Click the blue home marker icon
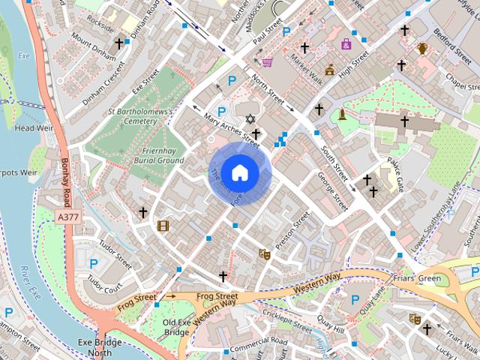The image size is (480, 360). [x=238, y=172]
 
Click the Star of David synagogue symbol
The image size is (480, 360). [x=250, y=119]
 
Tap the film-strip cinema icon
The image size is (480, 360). [x=163, y=225]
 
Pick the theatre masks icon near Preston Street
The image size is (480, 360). [x=264, y=254]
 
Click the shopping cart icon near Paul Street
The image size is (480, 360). [x=267, y=62]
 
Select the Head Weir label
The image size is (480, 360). [x=31, y=128]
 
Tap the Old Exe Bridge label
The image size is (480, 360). [x=176, y=327]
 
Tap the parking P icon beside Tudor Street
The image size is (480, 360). [x=93, y=263]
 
